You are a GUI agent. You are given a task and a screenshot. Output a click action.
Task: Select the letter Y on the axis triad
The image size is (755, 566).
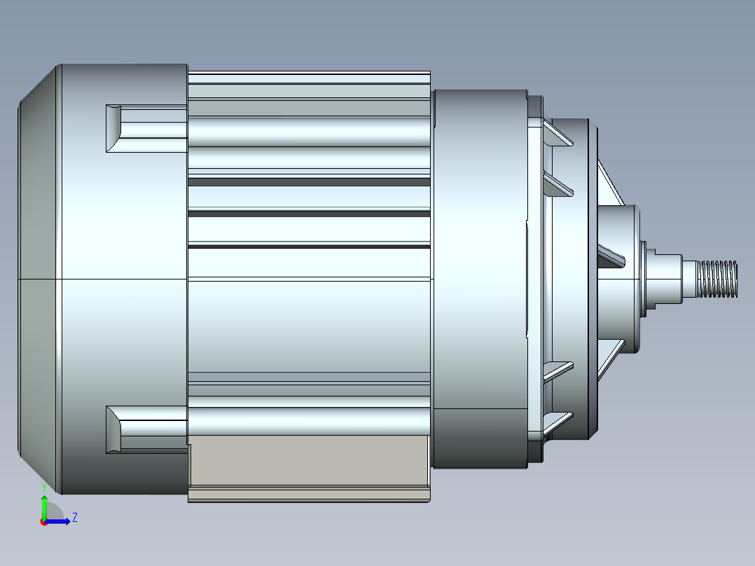[x=43, y=486]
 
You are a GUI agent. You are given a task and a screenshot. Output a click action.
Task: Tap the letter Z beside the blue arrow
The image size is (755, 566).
[x=74, y=518]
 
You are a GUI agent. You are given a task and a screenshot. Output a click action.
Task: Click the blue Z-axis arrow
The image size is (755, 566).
[x=60, y=521]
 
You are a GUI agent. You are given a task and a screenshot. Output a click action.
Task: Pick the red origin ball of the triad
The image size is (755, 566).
[x=43, y=522]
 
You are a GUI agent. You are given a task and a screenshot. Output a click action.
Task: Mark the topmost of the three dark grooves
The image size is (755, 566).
[x=308, y=182]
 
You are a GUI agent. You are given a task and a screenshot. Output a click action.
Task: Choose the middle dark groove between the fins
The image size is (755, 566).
[x=308, y=213]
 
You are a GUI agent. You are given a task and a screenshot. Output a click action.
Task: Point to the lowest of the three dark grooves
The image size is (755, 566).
[x=308, y=247]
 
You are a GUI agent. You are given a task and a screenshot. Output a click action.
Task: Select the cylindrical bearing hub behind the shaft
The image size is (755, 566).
[x=620, y=279]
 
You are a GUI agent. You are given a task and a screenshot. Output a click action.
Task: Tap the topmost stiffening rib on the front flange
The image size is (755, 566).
[x=557, y=134]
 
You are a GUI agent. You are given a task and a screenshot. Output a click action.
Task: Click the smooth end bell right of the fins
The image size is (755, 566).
[x=480, y=279]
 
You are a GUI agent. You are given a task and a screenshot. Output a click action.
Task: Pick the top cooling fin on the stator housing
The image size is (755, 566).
[x=308, y=77]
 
